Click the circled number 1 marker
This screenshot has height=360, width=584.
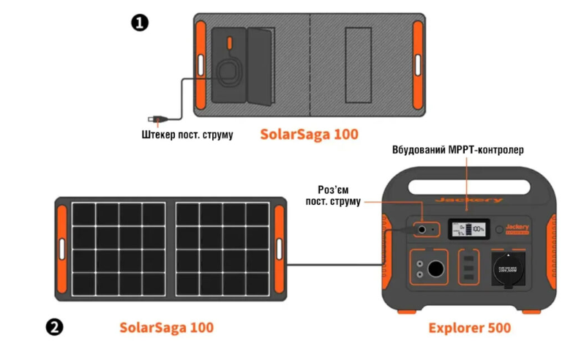coord(139,22)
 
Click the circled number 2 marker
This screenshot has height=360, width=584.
coord(53,326)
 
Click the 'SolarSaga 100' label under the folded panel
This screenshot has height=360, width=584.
coord(310,135)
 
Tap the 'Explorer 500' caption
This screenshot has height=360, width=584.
coord(469,327)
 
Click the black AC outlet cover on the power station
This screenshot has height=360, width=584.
coord(508,268)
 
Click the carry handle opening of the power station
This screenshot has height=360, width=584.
coord(468,184)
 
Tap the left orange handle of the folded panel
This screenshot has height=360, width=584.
coord(201,64)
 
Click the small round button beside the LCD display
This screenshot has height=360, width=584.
coord(500,230)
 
